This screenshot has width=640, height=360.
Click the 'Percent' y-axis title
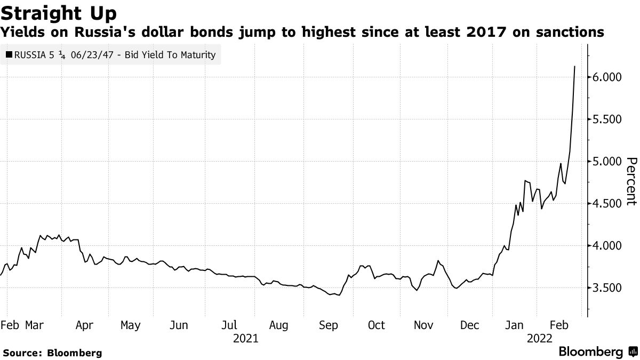pos(631,181)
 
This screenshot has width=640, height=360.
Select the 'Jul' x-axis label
pos(229,325)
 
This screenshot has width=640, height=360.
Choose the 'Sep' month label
pos(328,325)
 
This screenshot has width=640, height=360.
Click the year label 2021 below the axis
pos(246,339)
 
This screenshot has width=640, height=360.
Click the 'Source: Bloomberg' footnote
pos(52,353)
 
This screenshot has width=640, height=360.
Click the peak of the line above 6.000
pos(574,67)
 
